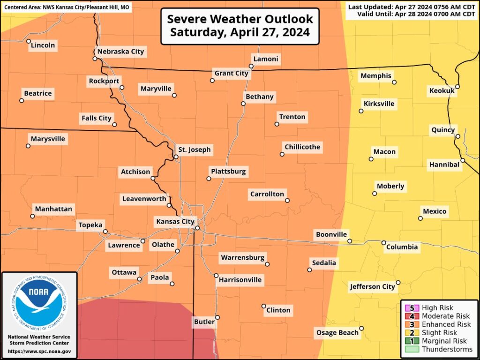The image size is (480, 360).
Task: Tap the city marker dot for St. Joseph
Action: click(x=176, y=157)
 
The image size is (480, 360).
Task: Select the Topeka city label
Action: click(x=90, y=225)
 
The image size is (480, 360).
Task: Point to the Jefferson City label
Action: click(x=372, y=286)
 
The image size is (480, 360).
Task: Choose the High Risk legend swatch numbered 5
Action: click(x=412, y=308)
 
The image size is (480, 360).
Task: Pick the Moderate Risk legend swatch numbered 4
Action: click(x=412, y=316)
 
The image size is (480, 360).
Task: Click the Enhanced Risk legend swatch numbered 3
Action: click(x=412, y=324)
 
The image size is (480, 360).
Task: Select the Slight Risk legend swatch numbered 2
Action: click(x=412, y=333)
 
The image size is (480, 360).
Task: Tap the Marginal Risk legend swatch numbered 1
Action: click(x=412, y=341)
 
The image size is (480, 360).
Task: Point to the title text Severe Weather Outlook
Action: click(x=240, y=19)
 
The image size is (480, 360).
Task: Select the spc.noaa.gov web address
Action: click(x=39, y=351)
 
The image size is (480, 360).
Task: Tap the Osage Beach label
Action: click(x=337, y=333)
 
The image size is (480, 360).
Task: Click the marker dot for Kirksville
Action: click(x=361, y=111)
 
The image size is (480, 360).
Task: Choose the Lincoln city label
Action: click(x=43, y=45)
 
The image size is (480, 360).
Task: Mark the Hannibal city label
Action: click(x=444, y=165)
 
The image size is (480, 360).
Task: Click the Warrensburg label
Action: click(x=242, y=257)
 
